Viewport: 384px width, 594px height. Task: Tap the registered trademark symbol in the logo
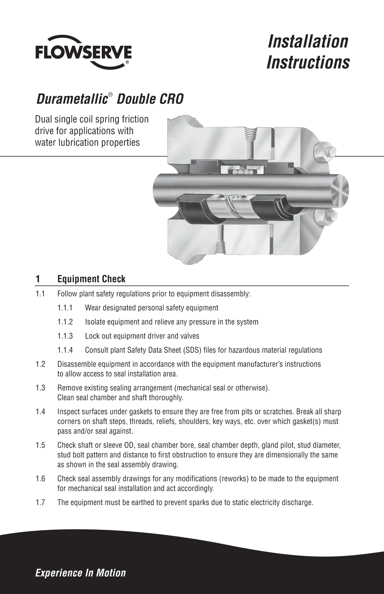pos(127,62)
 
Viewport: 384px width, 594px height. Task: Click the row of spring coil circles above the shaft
pos(241,172)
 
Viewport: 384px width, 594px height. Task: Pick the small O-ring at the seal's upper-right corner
pos(290,164)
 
